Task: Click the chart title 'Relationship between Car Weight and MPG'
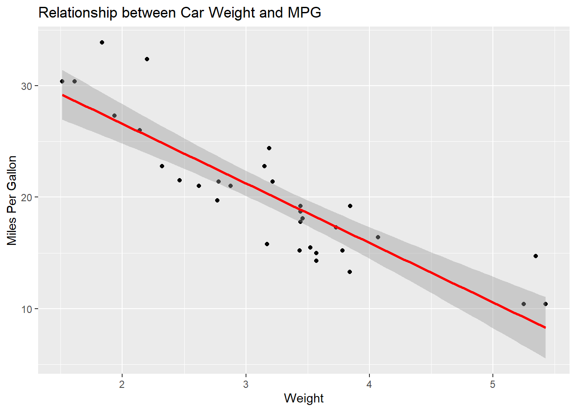click(x=180, y=13)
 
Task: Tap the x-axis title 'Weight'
click(x=303, y=398)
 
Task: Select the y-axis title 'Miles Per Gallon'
click(x=12, y=200)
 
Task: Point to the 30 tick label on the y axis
click(x=27, y=86)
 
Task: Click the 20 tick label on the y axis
click(x=27, y=197)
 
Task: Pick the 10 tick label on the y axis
click(x=27, y=309)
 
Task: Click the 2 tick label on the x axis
click(x=122, y=384)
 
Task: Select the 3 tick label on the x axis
click(x=246, y=384)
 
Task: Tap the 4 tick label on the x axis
click(x=369, y=384)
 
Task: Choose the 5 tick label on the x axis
click(x=492, y=384)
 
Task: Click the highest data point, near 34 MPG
click(x=102, y=42)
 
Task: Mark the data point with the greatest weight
click(x=546, y=304)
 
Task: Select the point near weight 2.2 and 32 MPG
click(x=147, y=59)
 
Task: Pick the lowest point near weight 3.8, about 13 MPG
click(x=350, y=272)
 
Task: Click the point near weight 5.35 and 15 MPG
click(x=536, y=256)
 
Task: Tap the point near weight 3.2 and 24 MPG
click(x=269, y=148)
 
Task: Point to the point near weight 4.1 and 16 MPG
click(x=378, y=237)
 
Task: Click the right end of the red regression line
click(x=545, y=328)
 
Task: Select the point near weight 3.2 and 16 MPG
click(x=267, y=244)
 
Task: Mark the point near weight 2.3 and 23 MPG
click(x=162, y=166)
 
